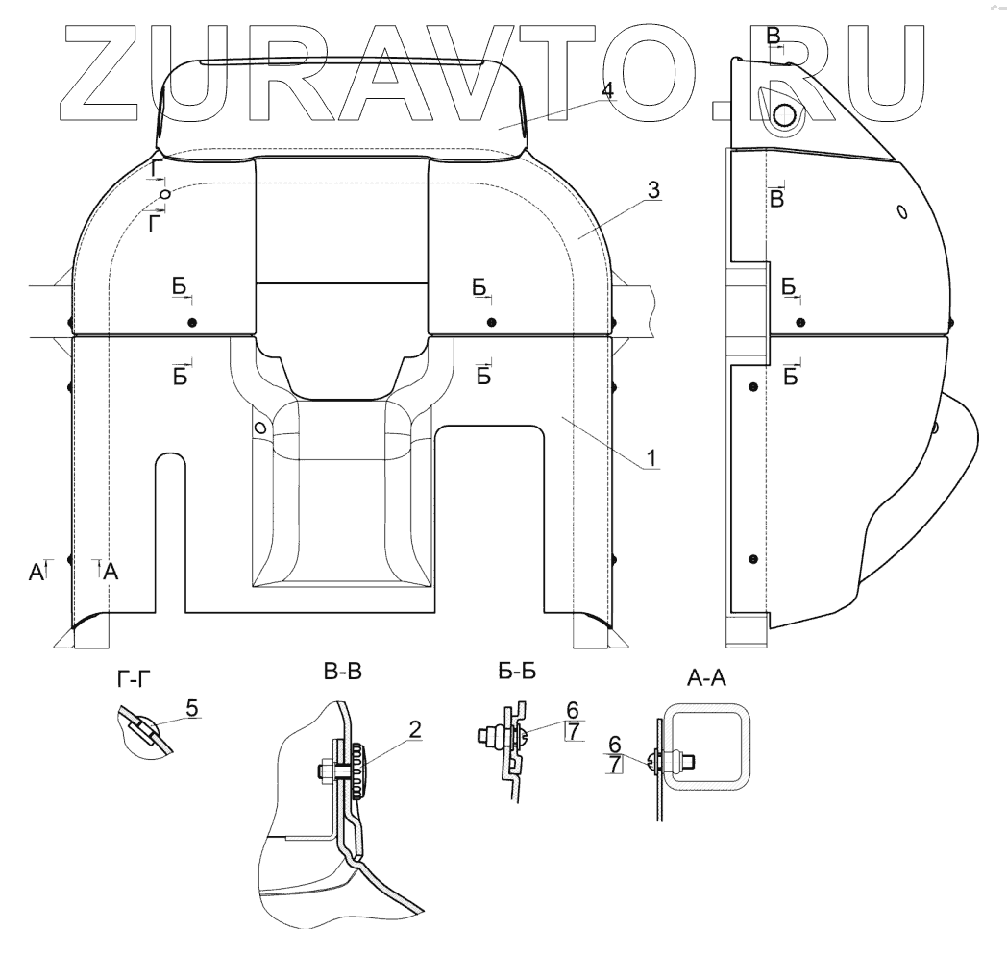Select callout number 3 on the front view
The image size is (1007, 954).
pos(652,189)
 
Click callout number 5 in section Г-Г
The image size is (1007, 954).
pos(192,707)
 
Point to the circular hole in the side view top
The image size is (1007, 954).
pos(784,115)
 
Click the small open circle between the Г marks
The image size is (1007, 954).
pos(165,193)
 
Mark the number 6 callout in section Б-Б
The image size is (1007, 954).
pos(573,710)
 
